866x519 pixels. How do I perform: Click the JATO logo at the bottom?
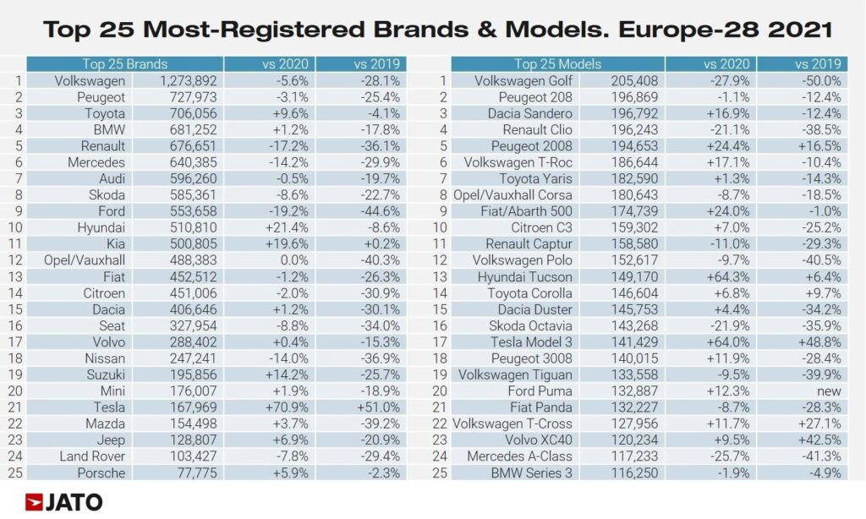point(64,501)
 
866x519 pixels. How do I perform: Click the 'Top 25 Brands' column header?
point(124,64)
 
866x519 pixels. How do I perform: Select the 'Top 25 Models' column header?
point(557,64)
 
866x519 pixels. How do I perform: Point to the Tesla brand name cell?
point(106,408)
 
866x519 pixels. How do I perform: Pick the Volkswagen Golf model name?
point(523,81)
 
